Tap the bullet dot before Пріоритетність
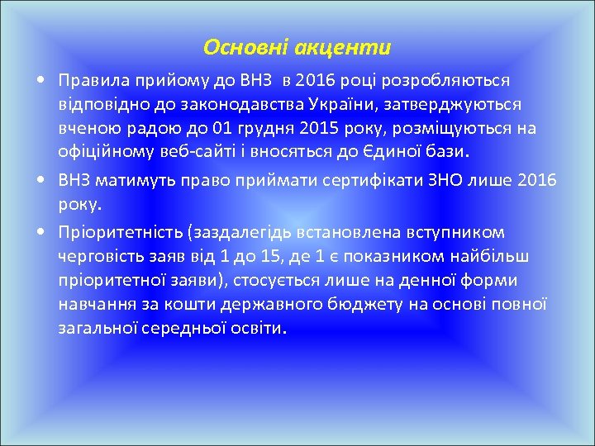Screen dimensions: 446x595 click(40, 233)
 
